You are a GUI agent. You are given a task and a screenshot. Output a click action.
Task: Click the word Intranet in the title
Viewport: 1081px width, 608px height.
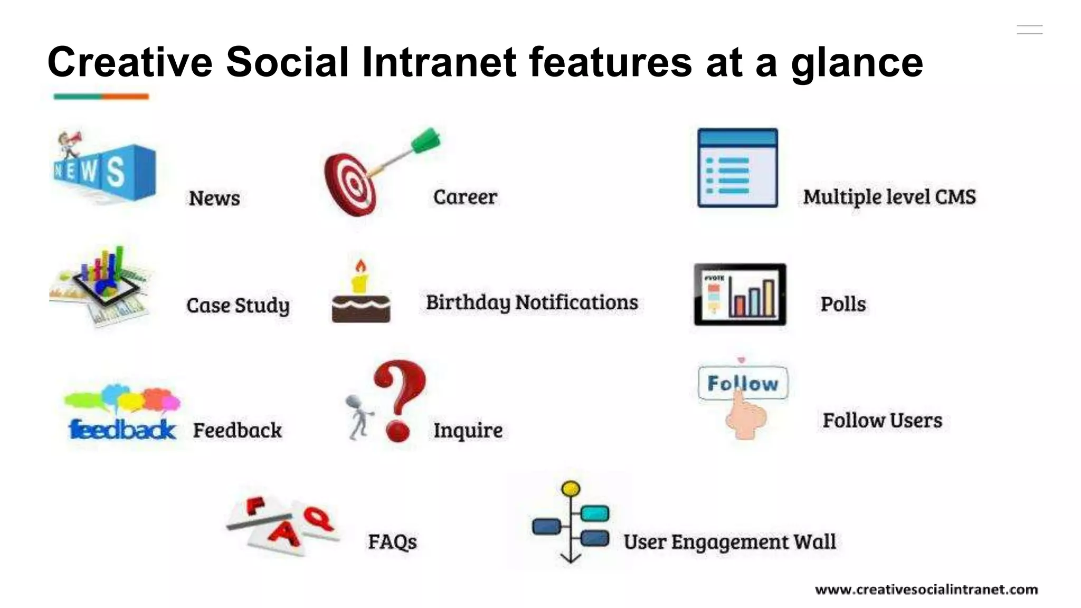[x=439, y=62]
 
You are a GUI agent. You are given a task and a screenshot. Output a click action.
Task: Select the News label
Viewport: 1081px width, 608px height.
[x=214, y=198]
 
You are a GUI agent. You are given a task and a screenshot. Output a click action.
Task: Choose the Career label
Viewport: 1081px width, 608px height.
[x=465, y=197]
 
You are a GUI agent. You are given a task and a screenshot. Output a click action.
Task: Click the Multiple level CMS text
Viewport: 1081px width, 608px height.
[x=889, y=197]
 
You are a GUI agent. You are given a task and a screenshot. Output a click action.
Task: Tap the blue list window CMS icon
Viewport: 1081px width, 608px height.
[x=737, y=168]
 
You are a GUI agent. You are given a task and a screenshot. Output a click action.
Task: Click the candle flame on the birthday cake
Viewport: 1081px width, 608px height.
[x=361, y=265]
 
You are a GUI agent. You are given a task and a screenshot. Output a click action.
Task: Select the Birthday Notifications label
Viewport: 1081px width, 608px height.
[x=532, y=302]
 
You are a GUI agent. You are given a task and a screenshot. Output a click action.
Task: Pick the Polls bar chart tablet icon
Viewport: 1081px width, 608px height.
[x=740, y=294]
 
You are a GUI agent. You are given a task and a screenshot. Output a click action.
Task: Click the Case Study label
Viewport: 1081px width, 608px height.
[x=238, y=306]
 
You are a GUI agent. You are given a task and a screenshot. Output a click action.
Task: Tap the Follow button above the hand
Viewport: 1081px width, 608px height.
[x=743, y=383]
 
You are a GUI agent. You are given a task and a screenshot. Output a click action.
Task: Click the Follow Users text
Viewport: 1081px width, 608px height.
[x=882, y=421]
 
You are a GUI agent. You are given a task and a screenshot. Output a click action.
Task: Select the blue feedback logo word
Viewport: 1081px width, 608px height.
[x=122, y=430]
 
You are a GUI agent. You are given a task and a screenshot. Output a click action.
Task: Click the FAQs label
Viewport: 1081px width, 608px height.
[x=392, y=542]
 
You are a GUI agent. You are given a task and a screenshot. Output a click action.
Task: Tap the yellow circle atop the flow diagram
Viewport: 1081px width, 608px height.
[x=571, y=489]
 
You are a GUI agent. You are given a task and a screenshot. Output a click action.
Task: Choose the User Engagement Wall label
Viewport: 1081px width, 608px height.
[x=729, y=542]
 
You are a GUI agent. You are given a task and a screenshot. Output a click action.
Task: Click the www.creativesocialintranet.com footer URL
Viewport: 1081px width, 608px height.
[x=926, y=590]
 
